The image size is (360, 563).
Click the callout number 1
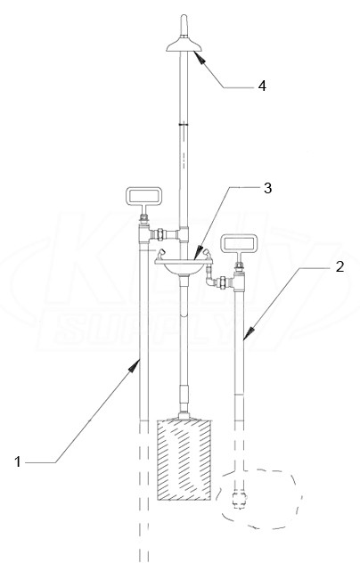18,461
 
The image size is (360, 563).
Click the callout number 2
340,266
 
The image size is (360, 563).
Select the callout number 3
267,188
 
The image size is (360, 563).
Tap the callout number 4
262,86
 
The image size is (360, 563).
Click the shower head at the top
184,45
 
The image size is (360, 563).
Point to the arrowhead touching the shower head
200,57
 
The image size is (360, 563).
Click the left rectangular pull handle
143,196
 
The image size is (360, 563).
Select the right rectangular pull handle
239,244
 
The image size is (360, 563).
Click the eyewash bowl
184,267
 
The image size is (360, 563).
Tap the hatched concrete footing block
184,460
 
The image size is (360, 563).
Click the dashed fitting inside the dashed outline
238,499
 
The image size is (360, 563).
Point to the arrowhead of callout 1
135,365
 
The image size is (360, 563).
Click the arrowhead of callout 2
249,333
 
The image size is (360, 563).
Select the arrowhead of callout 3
198,252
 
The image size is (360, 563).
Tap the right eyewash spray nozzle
207,254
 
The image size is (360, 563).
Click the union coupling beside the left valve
159,234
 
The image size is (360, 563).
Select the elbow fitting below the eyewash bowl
209,280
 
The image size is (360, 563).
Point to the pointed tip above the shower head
184,17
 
